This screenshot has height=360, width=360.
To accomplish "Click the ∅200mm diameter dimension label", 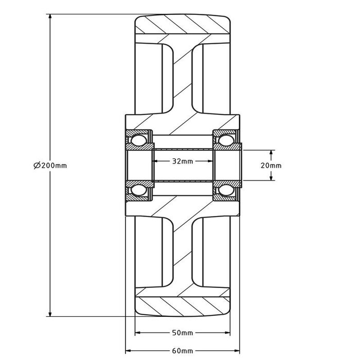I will [x=50, y=166].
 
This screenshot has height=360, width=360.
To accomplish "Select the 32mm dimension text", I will [x=182, y=161].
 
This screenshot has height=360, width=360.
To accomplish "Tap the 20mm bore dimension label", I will [x=272, y=166].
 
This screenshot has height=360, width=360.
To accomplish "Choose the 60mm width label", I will [x=182, y=351].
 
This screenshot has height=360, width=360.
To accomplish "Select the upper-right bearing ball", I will [x=225, y=140].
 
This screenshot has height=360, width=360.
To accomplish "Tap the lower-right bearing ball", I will [x=225, y=191].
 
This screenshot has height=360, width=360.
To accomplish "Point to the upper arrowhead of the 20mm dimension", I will [x=272, y=153].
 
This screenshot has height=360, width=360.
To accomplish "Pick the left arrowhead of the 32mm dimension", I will [x=155, y=161].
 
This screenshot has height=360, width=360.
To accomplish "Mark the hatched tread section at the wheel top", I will [x=182, y=25].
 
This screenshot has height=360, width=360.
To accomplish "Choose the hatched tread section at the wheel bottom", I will [x=182, y=307].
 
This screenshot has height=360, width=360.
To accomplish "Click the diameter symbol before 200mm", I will [x=37, y=166].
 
